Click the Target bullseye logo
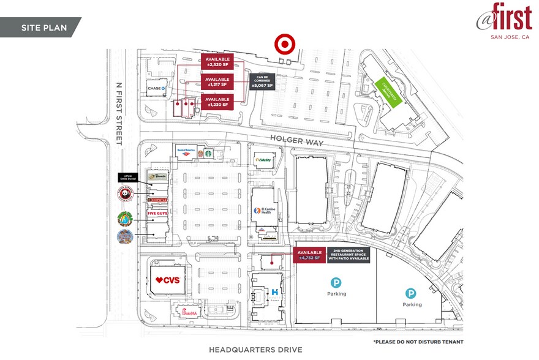285,44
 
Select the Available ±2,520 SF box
217,62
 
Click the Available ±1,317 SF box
217,82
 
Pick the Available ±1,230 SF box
217,102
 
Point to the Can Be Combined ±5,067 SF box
263,82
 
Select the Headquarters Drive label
255,350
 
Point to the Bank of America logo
186,149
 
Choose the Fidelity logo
263,160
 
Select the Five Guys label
157,213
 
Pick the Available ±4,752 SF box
309,255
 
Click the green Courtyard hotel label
390,92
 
